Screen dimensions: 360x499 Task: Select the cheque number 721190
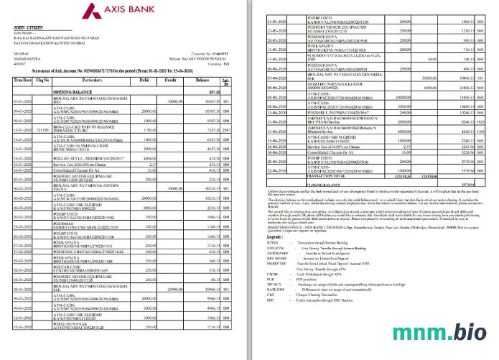click(43, 130)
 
